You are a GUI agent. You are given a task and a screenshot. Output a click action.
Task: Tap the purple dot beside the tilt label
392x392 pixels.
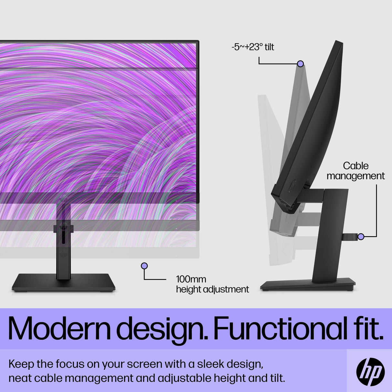click(300, 64)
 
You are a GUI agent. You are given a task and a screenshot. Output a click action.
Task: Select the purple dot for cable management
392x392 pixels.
click(361, 237)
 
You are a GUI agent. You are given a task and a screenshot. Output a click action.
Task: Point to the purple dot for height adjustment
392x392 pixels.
click(144, 266)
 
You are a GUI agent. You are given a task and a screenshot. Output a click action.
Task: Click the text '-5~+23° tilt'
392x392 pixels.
click(253, 47)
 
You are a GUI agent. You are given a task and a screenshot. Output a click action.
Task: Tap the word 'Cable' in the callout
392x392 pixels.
click(356, 166)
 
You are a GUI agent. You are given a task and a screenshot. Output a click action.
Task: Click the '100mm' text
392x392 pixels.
click(191, 279)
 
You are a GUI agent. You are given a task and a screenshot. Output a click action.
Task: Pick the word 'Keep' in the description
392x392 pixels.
click(21, 364)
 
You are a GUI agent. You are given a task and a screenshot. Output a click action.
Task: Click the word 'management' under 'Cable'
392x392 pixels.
click(356, 176)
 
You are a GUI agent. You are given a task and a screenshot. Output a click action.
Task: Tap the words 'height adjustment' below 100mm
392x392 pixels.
click(212, 289)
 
